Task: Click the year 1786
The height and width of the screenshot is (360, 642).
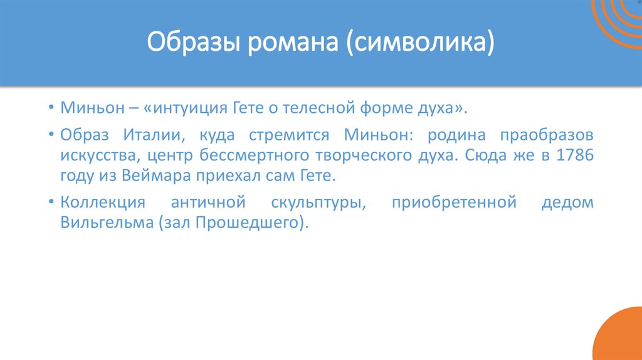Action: pos(572,156)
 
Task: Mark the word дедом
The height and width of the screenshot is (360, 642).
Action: pos(567,203)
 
